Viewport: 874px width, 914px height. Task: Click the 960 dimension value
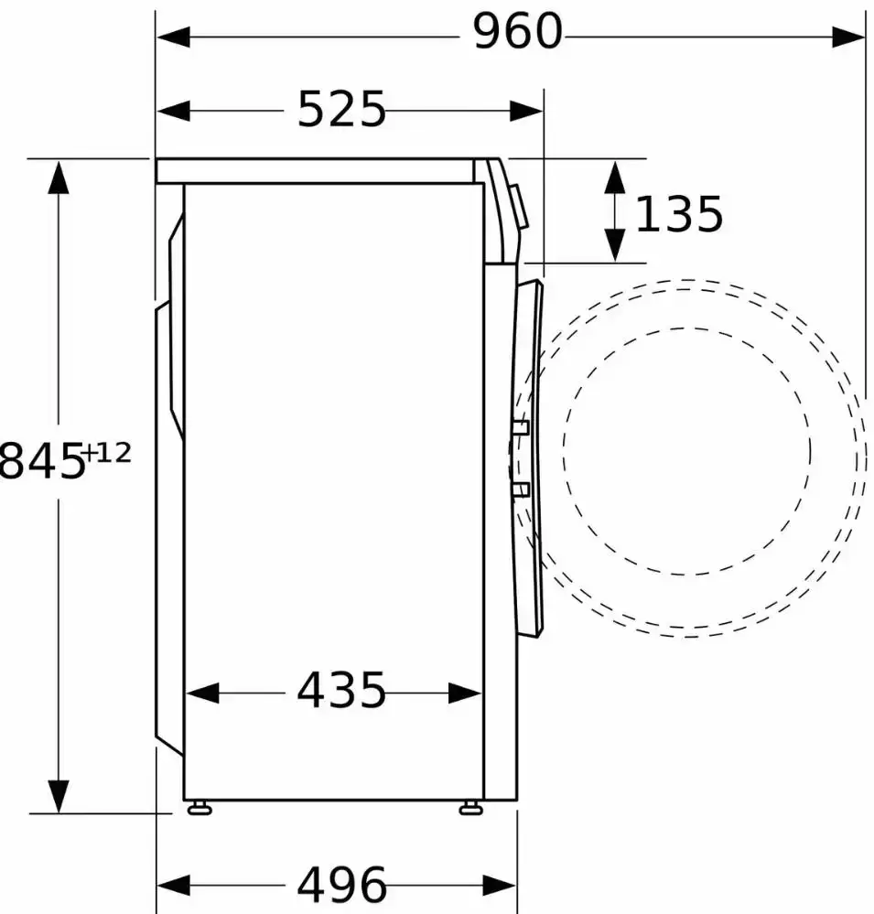pos(518,31)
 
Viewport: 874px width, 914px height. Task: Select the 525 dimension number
pos(341,109)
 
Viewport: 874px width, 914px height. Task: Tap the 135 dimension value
pos(679,214)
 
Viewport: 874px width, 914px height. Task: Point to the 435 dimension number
pos(341,690)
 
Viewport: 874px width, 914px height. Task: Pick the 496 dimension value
pos(341,885)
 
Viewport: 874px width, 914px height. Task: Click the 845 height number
pos(41,460)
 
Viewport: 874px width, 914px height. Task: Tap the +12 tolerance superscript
pos(108,453)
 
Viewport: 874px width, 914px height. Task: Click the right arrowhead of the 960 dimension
pos(849,38)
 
